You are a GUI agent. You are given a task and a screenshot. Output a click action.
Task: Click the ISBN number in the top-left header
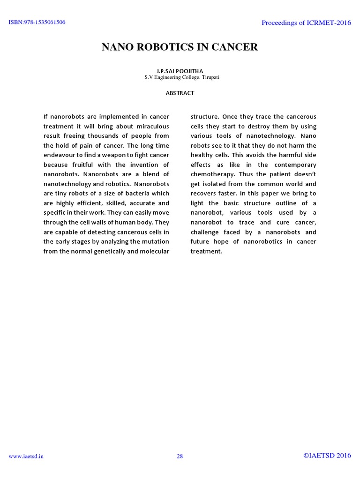click(37, 22)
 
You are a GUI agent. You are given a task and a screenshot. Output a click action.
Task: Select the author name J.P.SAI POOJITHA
click(180, 71)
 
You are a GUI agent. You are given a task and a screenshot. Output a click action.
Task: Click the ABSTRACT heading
click(180, 93)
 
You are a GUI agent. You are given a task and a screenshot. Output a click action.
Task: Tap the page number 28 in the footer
click(180, 456)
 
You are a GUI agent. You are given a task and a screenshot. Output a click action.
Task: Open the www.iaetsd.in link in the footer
click(27, 457)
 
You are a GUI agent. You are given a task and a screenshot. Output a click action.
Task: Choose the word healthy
click(202, 155)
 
